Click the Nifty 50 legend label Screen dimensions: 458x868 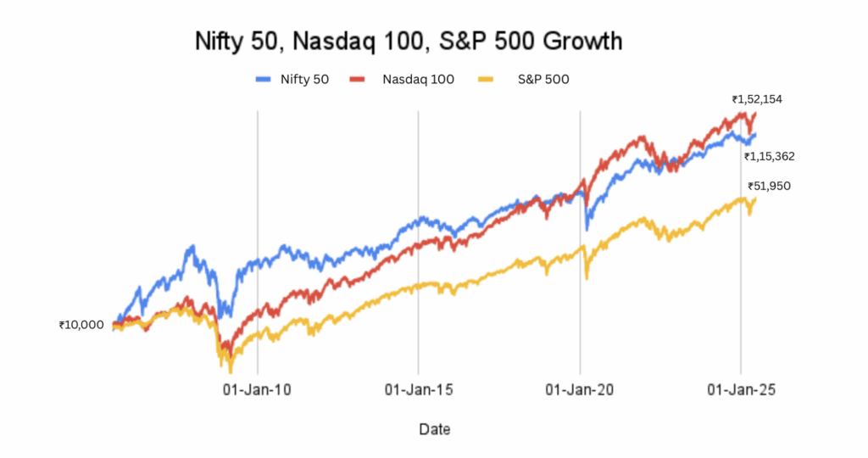pyautogui.click(x=304, y=80)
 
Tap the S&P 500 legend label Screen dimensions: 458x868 pyautogui.click(x=543, y=80)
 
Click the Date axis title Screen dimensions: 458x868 pyautogui.click(x=435, y=429)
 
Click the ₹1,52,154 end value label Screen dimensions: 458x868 pyautogui.click(x=757, y=99)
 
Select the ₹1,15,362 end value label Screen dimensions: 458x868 pyautogui.click(x=769, y=156)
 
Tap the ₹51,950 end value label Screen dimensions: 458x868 pyautogui.click(x=769, y=186)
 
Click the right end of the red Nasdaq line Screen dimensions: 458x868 pyautogui.click(x=754, y=114)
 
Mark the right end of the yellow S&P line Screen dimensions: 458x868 pyautogui.click(x=754, y=198)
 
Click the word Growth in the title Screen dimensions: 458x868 pyautogui.click(x=584, y=40)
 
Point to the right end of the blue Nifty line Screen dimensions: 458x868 pyautogui.click(x=754, y=134)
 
